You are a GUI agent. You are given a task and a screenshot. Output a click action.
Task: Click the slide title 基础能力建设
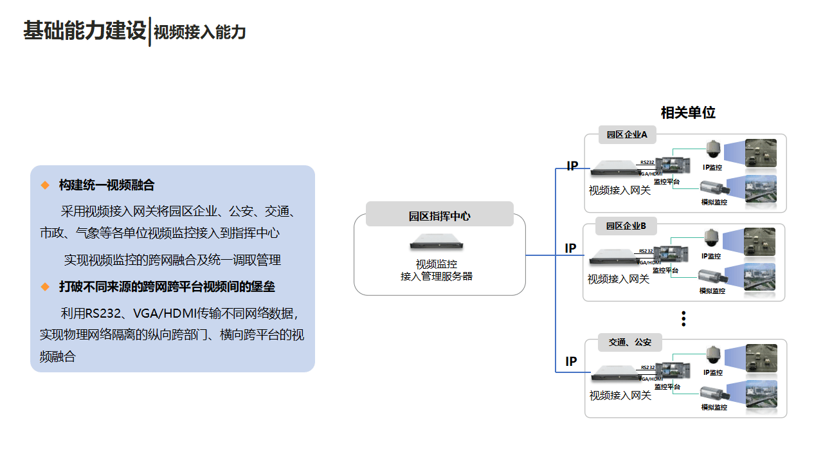(85, 31)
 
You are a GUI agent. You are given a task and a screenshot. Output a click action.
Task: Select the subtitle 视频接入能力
(200, 32)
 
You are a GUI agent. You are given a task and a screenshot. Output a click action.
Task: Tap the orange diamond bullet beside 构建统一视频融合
(45, 185)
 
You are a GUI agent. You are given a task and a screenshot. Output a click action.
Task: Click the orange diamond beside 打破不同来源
(45, 286)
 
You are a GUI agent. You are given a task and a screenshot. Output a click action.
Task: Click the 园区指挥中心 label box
(440, 216)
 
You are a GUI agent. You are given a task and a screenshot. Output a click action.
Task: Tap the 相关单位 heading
(688, 113)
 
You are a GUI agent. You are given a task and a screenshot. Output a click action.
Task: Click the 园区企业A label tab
(627, 134)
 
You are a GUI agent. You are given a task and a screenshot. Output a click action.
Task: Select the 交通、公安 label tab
(629, 342)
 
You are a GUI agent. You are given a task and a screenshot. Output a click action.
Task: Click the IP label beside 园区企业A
(572, 167)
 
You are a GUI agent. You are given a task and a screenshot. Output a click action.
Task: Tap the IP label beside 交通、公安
(571, 361)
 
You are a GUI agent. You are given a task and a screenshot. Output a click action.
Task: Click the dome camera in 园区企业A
(712, 150)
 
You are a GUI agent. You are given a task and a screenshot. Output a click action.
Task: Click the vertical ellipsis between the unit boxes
(684, 318)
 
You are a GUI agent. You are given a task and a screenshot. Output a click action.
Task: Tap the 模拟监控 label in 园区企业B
(712, 291)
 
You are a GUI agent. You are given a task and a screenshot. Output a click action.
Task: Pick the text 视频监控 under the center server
(437, 264)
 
